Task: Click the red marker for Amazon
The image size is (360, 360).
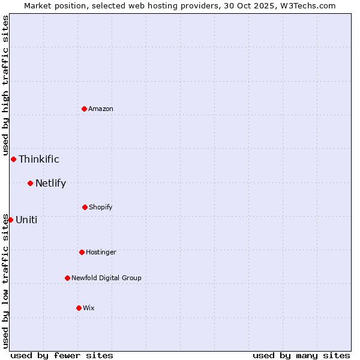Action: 85,109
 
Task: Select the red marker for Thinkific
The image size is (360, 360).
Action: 14,159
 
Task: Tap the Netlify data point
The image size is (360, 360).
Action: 30,183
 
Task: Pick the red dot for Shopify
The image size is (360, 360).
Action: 85,207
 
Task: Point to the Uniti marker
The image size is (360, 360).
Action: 10,220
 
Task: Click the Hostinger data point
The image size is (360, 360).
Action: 82,252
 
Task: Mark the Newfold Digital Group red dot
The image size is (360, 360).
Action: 67,278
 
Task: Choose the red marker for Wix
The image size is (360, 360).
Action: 79,308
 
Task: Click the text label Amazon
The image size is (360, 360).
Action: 101,109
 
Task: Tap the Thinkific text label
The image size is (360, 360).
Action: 39,159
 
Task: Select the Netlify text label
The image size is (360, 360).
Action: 50,183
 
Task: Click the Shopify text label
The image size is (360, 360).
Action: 101,207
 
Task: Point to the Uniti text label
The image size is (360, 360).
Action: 26,220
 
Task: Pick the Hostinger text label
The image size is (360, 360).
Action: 101,252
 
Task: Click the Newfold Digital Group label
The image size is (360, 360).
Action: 106,278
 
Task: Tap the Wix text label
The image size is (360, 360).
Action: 89,308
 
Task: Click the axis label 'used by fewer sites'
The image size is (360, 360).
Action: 62,355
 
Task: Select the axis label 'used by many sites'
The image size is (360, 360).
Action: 301,355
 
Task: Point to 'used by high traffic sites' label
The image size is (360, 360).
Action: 5,85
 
